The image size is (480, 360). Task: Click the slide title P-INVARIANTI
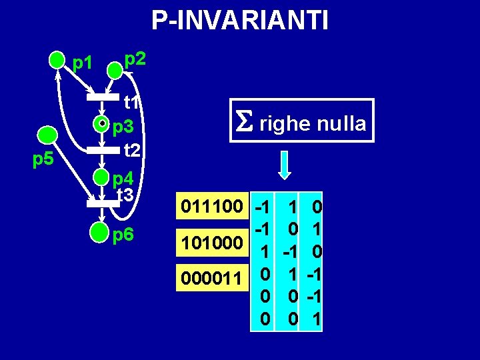(x=240, y=21)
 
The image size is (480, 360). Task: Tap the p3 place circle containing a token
(x=101, y=123)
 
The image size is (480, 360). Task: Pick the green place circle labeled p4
(x=101, y=177)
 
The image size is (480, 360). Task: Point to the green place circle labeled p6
(x=101, y=233)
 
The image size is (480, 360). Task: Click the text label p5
(x=44, y=160)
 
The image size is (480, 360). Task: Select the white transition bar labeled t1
(x=107, y=98)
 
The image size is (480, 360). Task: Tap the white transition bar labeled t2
(x=106, y=149)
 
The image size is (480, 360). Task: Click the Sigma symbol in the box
(x=241, y=122)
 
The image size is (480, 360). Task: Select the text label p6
(x=124, y=235)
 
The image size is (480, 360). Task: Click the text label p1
(x=83, y=63)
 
